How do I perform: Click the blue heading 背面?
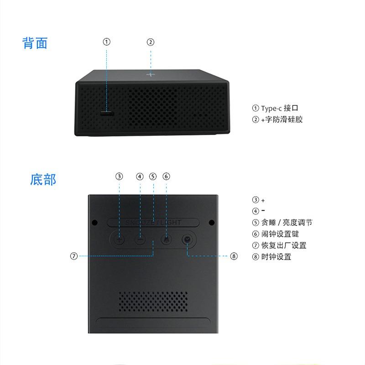(35, 43)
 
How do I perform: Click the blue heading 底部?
(43, 179)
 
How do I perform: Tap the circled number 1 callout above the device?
(106, 42)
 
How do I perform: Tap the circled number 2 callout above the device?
(151, 42)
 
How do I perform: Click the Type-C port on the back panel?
(108, 113)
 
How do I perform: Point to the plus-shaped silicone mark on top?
(151, 74)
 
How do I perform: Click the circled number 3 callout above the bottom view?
(119, 176)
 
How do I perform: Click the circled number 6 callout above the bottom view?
(166, 176)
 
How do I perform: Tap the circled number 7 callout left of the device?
(74, 256)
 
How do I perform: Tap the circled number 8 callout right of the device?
(234, 256)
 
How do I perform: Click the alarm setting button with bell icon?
(166, 240)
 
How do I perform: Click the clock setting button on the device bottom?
(187, 240)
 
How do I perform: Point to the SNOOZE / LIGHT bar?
(153, 222)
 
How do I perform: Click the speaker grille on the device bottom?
(153, 301)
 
